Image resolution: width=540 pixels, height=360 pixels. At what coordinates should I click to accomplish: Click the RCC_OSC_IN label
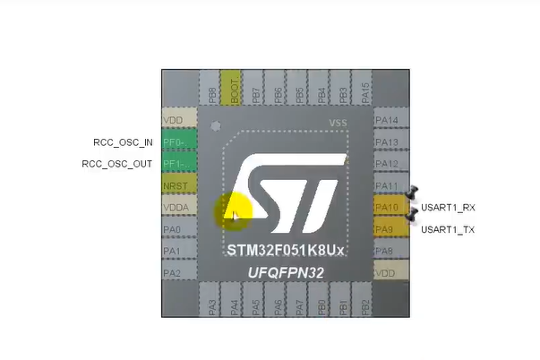point(124,142)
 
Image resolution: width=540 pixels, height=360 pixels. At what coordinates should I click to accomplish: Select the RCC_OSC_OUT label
point(117,164)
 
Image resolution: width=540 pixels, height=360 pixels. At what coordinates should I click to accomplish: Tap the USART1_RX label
point(448,208)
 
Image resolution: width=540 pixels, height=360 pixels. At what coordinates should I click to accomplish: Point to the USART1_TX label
point(448,229)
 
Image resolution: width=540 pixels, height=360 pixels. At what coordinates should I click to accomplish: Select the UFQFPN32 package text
point(287,271)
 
